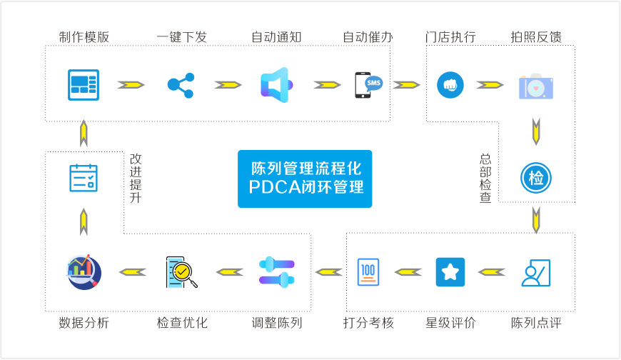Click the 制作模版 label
[x=84, y=37]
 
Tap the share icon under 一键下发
[x=181, y=84]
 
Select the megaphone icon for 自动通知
[x=274, y=84]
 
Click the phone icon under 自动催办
[x=368, y=85]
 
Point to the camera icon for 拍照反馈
[x=536, y=85]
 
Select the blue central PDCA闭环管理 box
[x=306, y=178]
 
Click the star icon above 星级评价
[x=450, y=271]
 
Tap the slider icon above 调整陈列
[x=277, y=271]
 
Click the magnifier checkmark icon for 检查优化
[x=181, y=271]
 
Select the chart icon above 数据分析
[x=84, y=271]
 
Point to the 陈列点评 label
[x=536, y=323]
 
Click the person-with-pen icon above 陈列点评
[x=537, y=272]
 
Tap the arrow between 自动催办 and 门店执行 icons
[x=407, y=84]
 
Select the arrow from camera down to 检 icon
[x=535, y=131]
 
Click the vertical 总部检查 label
[x=486, y=178]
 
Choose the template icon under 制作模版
[x=84, y=84]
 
